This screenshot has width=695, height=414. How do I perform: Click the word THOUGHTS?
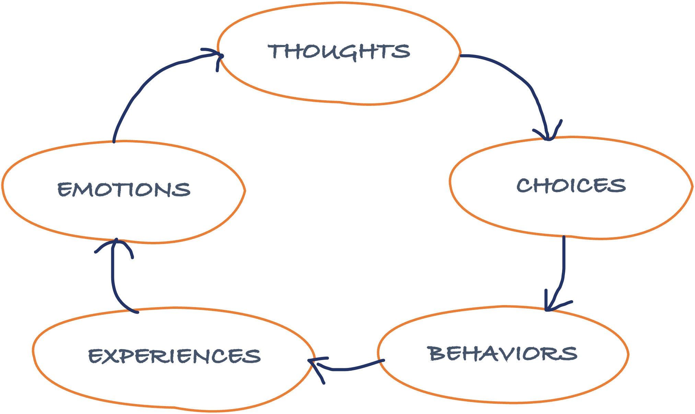point(339,52)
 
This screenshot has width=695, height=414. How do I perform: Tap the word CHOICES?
point(571,186)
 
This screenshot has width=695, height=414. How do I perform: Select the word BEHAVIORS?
point(502,354)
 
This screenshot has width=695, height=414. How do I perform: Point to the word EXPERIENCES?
point(174,356)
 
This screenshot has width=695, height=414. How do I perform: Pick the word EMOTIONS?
point(124,189)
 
